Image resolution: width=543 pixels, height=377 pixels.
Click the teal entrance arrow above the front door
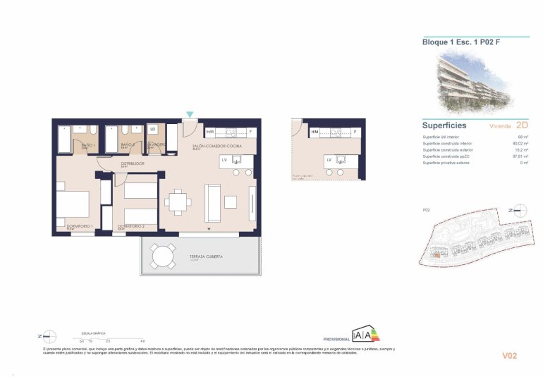click(x=189, y=114)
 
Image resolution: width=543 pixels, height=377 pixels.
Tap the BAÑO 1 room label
click(x=88, y=145)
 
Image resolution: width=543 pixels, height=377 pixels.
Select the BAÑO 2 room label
click(x=127, y=145)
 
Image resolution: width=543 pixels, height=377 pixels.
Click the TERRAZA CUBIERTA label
click(x=205, y=257)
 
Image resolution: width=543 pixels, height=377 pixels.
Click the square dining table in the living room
click(x=178, y=203)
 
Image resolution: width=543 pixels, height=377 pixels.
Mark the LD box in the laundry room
click(x=153, y=129)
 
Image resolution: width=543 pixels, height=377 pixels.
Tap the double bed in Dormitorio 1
click(x=73, y=204)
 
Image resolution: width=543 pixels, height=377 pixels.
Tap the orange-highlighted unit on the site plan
click(x=438, y=256)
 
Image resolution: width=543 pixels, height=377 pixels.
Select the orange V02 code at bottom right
click(x=509, y=356)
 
